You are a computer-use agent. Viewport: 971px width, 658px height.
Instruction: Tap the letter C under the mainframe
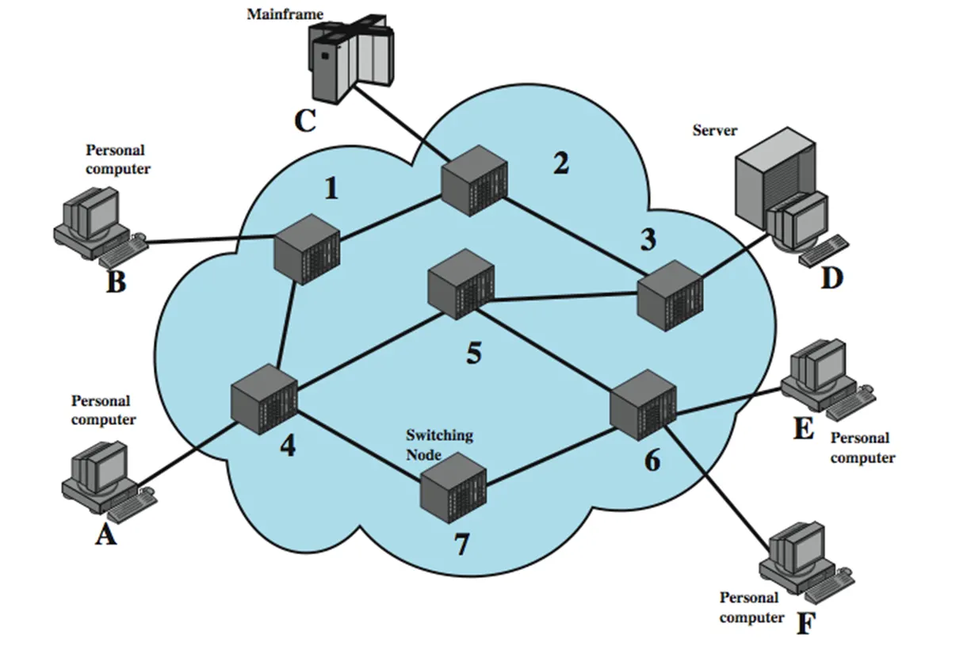pos(304,122)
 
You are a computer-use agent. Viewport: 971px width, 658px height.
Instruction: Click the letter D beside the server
pos(831,278)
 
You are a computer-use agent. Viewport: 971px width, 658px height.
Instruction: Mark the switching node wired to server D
pos(671,299)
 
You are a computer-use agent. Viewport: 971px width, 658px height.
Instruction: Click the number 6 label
pos(652,461)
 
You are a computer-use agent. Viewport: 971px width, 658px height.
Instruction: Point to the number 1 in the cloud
pos(331,189)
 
